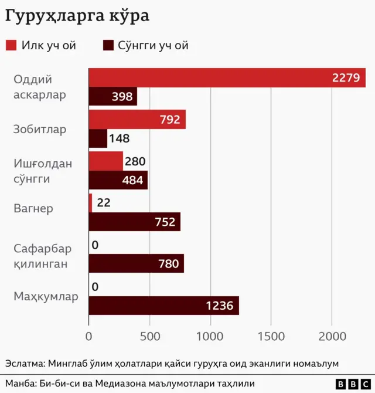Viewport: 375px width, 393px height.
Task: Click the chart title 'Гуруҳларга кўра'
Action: click(x=77, y=16)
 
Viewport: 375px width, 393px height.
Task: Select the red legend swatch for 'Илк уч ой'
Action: click(x=11, y=45)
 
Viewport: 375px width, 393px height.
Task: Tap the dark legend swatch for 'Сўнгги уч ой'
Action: click(x=108, y=45)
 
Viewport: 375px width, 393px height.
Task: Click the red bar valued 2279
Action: click(x=227, y=78)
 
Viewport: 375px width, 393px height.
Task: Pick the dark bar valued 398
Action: click(x=112, y=97)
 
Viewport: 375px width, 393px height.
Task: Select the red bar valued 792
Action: click(x=137, y=120)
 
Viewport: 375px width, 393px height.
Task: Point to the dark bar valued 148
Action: click(x=98, y=138)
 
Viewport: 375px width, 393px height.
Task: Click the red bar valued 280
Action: click(x=106, y=161)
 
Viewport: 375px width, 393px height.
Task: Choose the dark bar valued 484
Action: click(x=118, y=180)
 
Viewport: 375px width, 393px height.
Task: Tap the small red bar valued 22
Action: click(x=91, y=203)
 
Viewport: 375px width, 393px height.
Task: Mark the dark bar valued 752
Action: click(x=134, y=222)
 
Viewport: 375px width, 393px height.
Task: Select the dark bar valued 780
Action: click(x=136, y=263)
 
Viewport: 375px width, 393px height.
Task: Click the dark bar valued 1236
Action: click(x=163, y=306)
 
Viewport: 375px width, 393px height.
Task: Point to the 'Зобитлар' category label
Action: click(x=40, y=129)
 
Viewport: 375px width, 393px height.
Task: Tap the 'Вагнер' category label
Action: click(x=33, y=208)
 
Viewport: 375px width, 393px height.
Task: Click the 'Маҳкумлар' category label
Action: click(x=46, y=297)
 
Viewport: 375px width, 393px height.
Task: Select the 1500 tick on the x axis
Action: click(x=271, y=337)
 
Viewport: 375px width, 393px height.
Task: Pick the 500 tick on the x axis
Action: click(x=149, y=337)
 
